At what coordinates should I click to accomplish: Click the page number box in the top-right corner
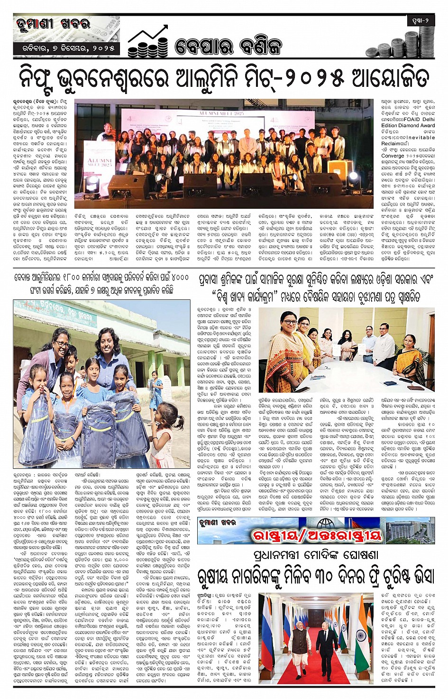pyautogui.click(x=421, y=21)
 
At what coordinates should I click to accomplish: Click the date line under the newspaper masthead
pyautogui.click(x=65, y=48)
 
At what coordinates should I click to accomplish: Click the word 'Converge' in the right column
pyautogui.click(x=393, y=155)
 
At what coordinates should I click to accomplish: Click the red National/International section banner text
pyautogui.click(x=317, y=535)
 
